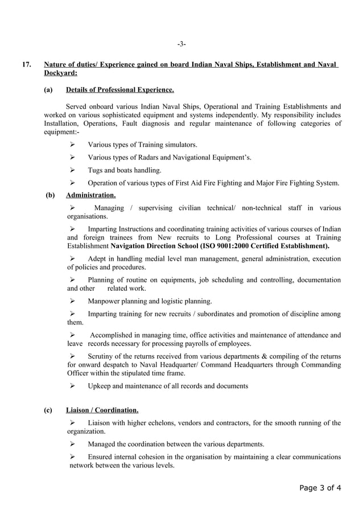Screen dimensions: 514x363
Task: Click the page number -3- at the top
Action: coord(181,44)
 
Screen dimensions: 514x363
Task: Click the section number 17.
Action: coord(26,64)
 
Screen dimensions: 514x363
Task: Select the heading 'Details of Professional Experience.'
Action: coord(119,90)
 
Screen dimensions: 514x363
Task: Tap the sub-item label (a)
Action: coord(48,90)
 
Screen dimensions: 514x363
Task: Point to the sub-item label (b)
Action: coord(50,195)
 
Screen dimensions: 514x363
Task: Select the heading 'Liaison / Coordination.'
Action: coord(102,410)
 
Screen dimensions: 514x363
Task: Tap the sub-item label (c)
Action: coord(48,410)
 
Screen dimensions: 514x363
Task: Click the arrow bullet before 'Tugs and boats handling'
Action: coord(72,170)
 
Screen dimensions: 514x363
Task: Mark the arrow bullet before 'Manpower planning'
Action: coord(72,301)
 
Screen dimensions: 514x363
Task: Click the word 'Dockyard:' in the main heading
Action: coord(60,73)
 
